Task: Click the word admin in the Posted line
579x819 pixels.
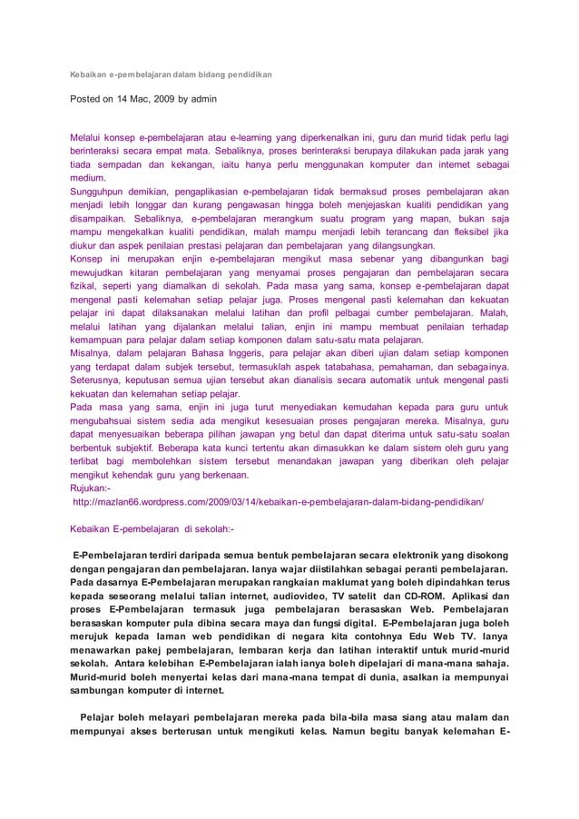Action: point(201,96)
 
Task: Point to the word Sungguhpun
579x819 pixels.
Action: point(103,194)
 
